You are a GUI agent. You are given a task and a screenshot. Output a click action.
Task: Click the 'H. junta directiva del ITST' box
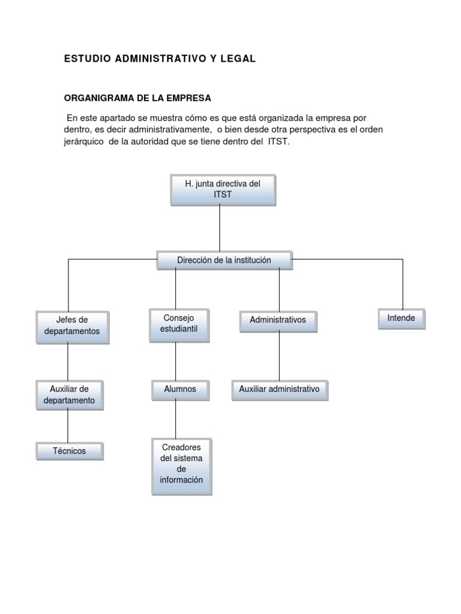click(x=223, y=190)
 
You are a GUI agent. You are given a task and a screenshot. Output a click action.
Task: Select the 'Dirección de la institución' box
click(x=224, y=260)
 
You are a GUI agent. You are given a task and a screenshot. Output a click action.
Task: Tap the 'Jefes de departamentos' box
click(x=73, y=327)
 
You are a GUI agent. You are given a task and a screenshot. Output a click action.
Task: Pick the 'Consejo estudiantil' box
click(x=179, y=326)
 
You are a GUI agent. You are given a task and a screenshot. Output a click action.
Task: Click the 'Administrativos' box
click(x=279, y=321)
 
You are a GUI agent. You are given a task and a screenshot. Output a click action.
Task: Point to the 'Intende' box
click(x=402, y=319)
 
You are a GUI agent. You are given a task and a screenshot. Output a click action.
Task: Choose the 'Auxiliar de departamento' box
click(x=70, y=395)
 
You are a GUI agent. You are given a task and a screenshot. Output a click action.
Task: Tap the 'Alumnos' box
click(x=180, y=390)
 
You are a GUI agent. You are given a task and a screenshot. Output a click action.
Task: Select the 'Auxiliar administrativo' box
click(x=280, y=390)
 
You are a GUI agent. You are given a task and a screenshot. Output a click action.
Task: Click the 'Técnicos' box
click(x=70, y=451)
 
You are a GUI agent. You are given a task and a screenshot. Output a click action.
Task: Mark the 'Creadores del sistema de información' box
click(x=182, y=466)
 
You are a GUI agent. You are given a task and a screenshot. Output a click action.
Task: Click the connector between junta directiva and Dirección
click(x=220, y=228)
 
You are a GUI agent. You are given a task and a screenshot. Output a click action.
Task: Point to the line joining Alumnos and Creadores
click(x=176, y=419)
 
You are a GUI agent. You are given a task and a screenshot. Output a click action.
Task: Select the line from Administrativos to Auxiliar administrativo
click(x=280, y=356)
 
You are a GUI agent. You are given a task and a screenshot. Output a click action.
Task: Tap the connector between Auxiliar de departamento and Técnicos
click(x=68, y=426)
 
